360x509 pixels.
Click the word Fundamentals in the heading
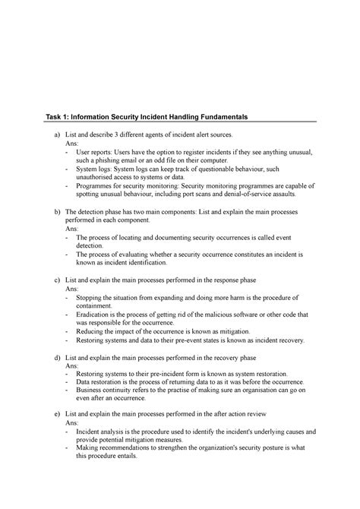click(x=216, y=115)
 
